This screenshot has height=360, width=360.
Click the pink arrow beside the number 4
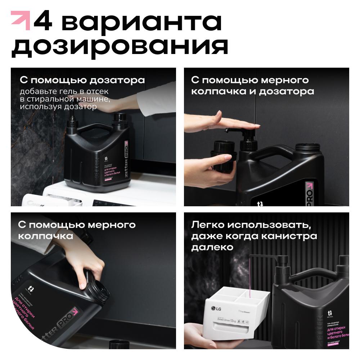click(21, 20)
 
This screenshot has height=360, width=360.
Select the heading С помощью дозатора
click(82, 80)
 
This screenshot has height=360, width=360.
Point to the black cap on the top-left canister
click(120, 119)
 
